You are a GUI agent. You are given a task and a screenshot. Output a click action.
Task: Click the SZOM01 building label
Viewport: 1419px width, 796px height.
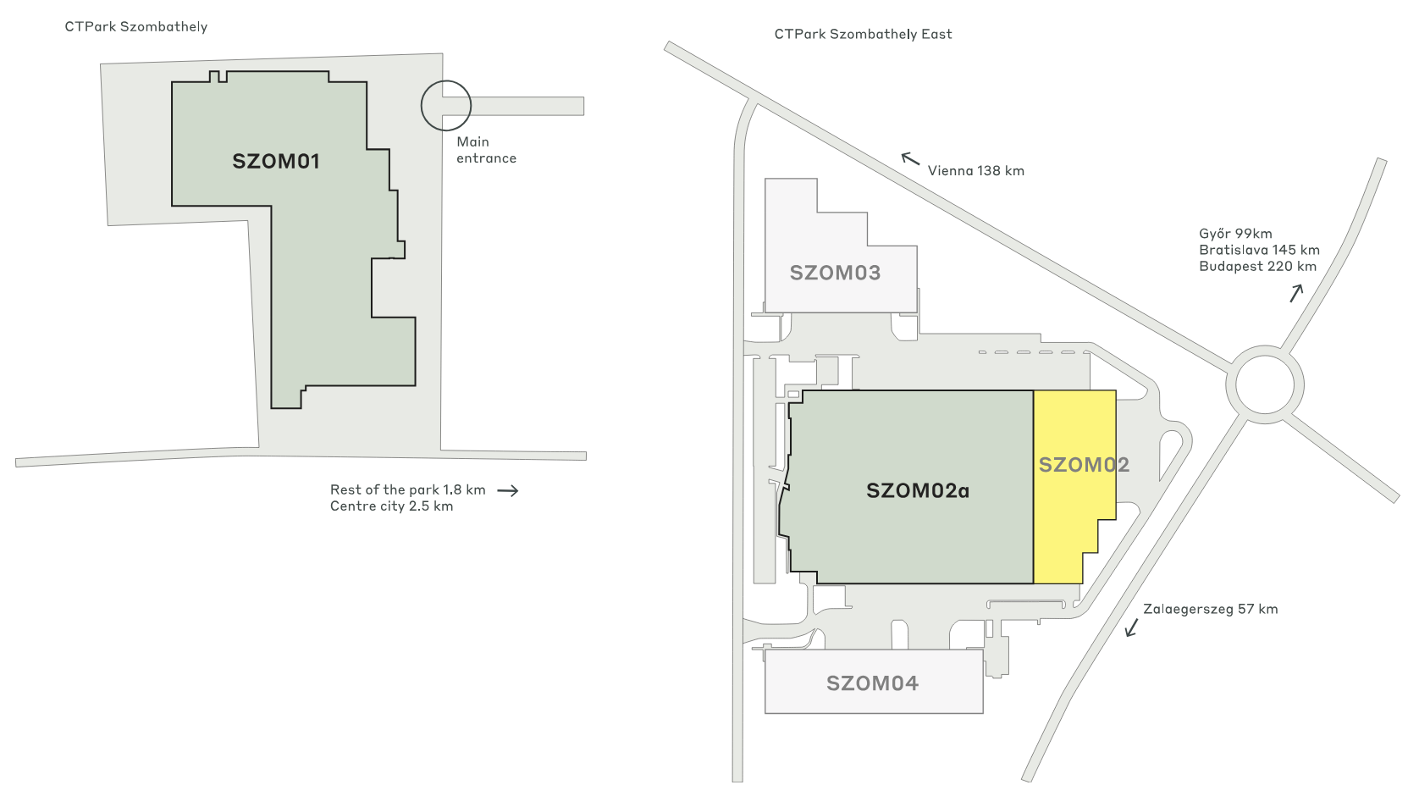pyautogui.click(x=276, y=161)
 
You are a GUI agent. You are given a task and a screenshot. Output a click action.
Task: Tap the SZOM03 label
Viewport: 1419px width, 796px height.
pyautogui.click(x=835, y=273)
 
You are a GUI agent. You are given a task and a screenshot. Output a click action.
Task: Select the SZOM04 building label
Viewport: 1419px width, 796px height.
pyautogui.click(x=872, y=683)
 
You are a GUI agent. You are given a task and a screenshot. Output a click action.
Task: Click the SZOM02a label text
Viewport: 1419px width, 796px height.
pyautogui.click(x=918, y=490)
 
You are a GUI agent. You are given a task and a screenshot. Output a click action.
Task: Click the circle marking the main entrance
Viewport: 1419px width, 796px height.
pyautogui.click(x=445, y=105)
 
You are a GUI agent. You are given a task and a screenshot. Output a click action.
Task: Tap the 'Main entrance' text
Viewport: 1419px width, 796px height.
pyautogui.click(x=485, y=150)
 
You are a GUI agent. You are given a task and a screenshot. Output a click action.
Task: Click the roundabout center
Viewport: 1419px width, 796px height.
pyautogui.click(x=1264, y=384)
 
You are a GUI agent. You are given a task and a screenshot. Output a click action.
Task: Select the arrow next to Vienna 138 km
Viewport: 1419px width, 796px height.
pyautogui.click(x=910, y=158)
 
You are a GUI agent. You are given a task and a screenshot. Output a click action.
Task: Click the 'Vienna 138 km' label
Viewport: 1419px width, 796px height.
pyautogui.click(x=975, y=171)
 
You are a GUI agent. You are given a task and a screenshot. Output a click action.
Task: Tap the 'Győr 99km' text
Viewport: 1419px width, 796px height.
pyautogui.click(x=1235, y=234)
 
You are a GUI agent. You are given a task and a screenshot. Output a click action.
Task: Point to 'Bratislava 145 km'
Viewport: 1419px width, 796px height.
pyautogui.click(x=1259, y=250)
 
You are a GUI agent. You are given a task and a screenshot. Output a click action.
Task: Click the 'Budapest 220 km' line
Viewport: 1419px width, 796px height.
pyautogui.click(x=1257, y=266)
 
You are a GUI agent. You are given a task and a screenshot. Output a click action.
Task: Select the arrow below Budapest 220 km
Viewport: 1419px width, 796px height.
pyautogui.click(x=1296, y=293)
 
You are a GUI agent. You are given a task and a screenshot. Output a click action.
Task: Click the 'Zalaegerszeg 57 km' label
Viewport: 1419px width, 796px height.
pyautogui.click(x=1210, y=609)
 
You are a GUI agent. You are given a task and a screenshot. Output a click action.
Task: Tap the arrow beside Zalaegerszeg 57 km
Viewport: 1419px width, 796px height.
pyautogui.click(x=1131, y=627)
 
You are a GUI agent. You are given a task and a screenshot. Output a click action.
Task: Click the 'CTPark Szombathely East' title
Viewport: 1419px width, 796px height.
pyautogui.click(x=863, y=35)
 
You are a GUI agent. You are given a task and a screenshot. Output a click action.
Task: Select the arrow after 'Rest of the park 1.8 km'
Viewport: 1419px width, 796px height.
pyautogui.click(x=507, y=490)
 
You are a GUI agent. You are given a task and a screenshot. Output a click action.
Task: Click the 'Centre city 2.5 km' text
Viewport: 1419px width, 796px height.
pyautogui.click(x=391, y=506)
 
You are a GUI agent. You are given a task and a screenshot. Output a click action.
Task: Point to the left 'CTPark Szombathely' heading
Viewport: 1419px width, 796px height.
pyautogui.click(x=136, y=27)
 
